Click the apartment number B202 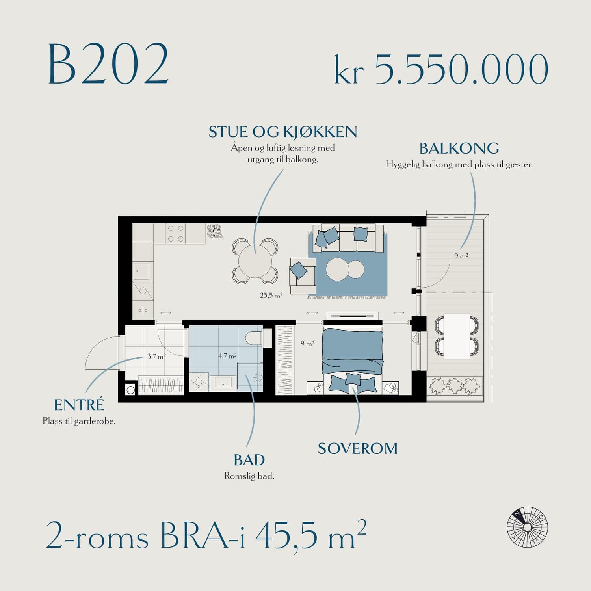(x=108, y=64)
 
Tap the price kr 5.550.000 (x=441, y=69)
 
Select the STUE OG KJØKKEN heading (x=283, y=132)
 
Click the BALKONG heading (x=459, y=149)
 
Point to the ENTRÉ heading (x=79, y=405)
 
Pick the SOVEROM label (x=358, y=449)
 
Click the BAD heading (x=249, y=460)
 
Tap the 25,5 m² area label (x=271, y=295)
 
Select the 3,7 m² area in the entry (x=156, y=356)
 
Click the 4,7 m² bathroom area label (x=227, y=356)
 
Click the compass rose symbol (x=528, y=527)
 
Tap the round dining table (x=255, y=261)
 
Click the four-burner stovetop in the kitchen (x=175, y=233)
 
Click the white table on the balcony (x=457, y=336)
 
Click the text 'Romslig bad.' (x=249, y=476)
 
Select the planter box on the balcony (x=455, y=386)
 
